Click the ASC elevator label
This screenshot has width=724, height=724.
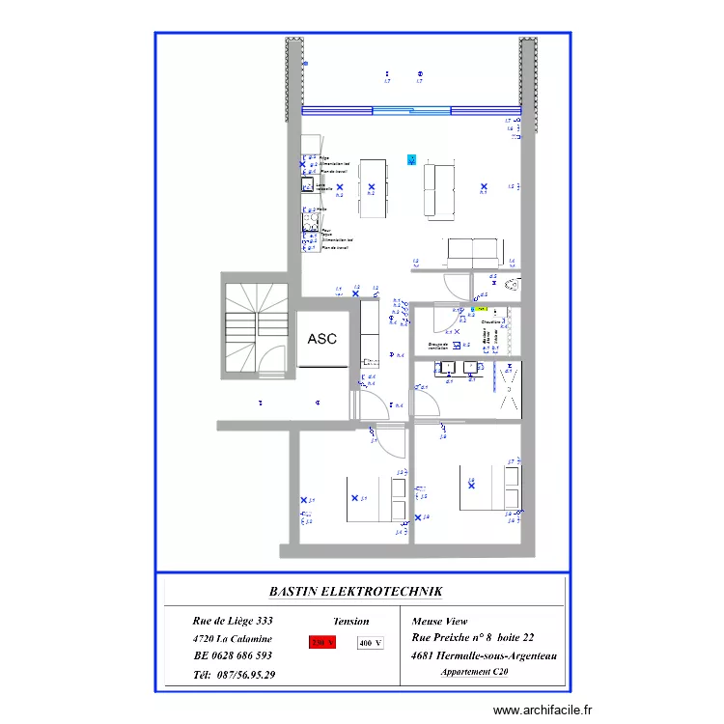coord(321,339)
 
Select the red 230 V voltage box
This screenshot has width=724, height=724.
coord(321,642)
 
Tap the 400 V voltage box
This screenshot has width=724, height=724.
coord(370,642)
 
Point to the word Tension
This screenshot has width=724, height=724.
coord(350,622)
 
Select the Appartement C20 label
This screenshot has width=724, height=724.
coord(474,672)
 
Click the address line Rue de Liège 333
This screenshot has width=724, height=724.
coord(233,621)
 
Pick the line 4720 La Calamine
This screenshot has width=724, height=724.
coord(233,638)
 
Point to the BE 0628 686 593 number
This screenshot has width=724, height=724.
coord(233,655)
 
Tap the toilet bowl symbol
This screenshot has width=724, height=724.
coord(513,285)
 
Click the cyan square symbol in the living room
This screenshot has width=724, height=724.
coord(412,160)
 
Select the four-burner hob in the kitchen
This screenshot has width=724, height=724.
coord(311,221)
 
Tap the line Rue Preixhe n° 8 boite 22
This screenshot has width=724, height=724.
coord(472,638)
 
